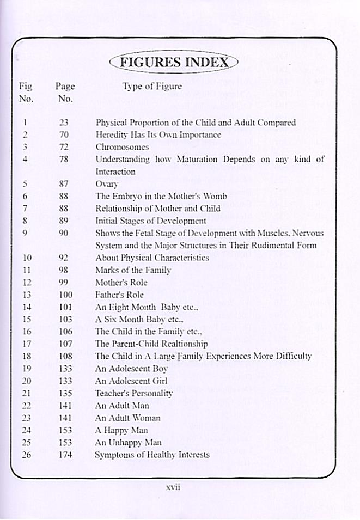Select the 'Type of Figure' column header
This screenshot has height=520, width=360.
[x=152, y=86]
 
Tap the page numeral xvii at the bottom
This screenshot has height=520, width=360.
[x=173, y=487]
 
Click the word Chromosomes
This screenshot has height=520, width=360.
[x=122, y=147]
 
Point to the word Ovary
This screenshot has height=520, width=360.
[x=106, y=184]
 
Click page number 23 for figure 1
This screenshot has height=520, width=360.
[x=64, y=123]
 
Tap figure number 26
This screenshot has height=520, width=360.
[x=26, y=454]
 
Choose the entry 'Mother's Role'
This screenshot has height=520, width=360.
[x=121, y=283]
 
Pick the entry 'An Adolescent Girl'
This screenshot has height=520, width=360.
[x=131, y=381]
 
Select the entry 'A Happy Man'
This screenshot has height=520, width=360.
[x=121, y=430]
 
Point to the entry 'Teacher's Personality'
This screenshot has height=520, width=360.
[x=133, y=393]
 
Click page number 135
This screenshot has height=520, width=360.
[x=65, y=393]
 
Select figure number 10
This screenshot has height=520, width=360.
[x=26, y=258]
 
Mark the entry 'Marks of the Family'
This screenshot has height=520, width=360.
[x=133, y=270]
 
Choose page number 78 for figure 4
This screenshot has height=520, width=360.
[x=64, y=160]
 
